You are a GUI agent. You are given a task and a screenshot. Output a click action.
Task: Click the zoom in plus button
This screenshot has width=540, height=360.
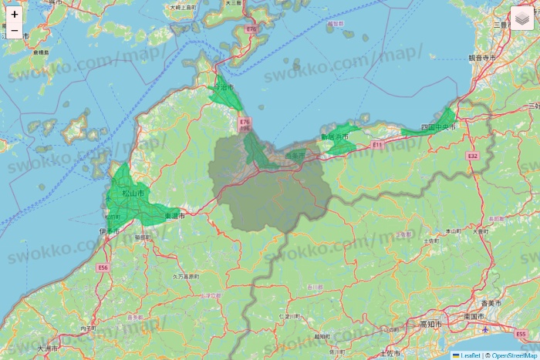point(15,14)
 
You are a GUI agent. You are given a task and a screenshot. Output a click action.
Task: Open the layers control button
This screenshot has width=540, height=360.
point(521,18)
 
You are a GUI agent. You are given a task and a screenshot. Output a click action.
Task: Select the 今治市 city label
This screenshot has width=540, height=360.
point(221,88)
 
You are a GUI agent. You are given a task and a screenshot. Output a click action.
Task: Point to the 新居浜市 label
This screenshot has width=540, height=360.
point(335,137)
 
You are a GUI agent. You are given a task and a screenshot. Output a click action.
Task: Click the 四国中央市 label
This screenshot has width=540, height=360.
point(437,126)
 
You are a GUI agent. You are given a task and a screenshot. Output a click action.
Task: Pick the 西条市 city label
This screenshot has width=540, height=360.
point(295,156)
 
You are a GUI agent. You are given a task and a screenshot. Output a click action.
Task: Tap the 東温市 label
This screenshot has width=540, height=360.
point(175,217)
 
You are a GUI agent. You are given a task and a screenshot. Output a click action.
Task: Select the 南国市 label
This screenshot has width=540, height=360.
point(474,317)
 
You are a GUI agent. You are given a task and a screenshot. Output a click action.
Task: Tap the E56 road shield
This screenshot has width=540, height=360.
point(103,267)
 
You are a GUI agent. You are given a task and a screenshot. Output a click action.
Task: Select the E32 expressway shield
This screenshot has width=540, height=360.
point(473,156)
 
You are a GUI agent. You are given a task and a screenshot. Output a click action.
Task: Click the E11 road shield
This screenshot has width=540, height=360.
point(377,145)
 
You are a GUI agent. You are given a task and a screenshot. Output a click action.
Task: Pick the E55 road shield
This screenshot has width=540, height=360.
point(521,335)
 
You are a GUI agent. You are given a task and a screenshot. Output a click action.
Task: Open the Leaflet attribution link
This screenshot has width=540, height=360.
point(470,355)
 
